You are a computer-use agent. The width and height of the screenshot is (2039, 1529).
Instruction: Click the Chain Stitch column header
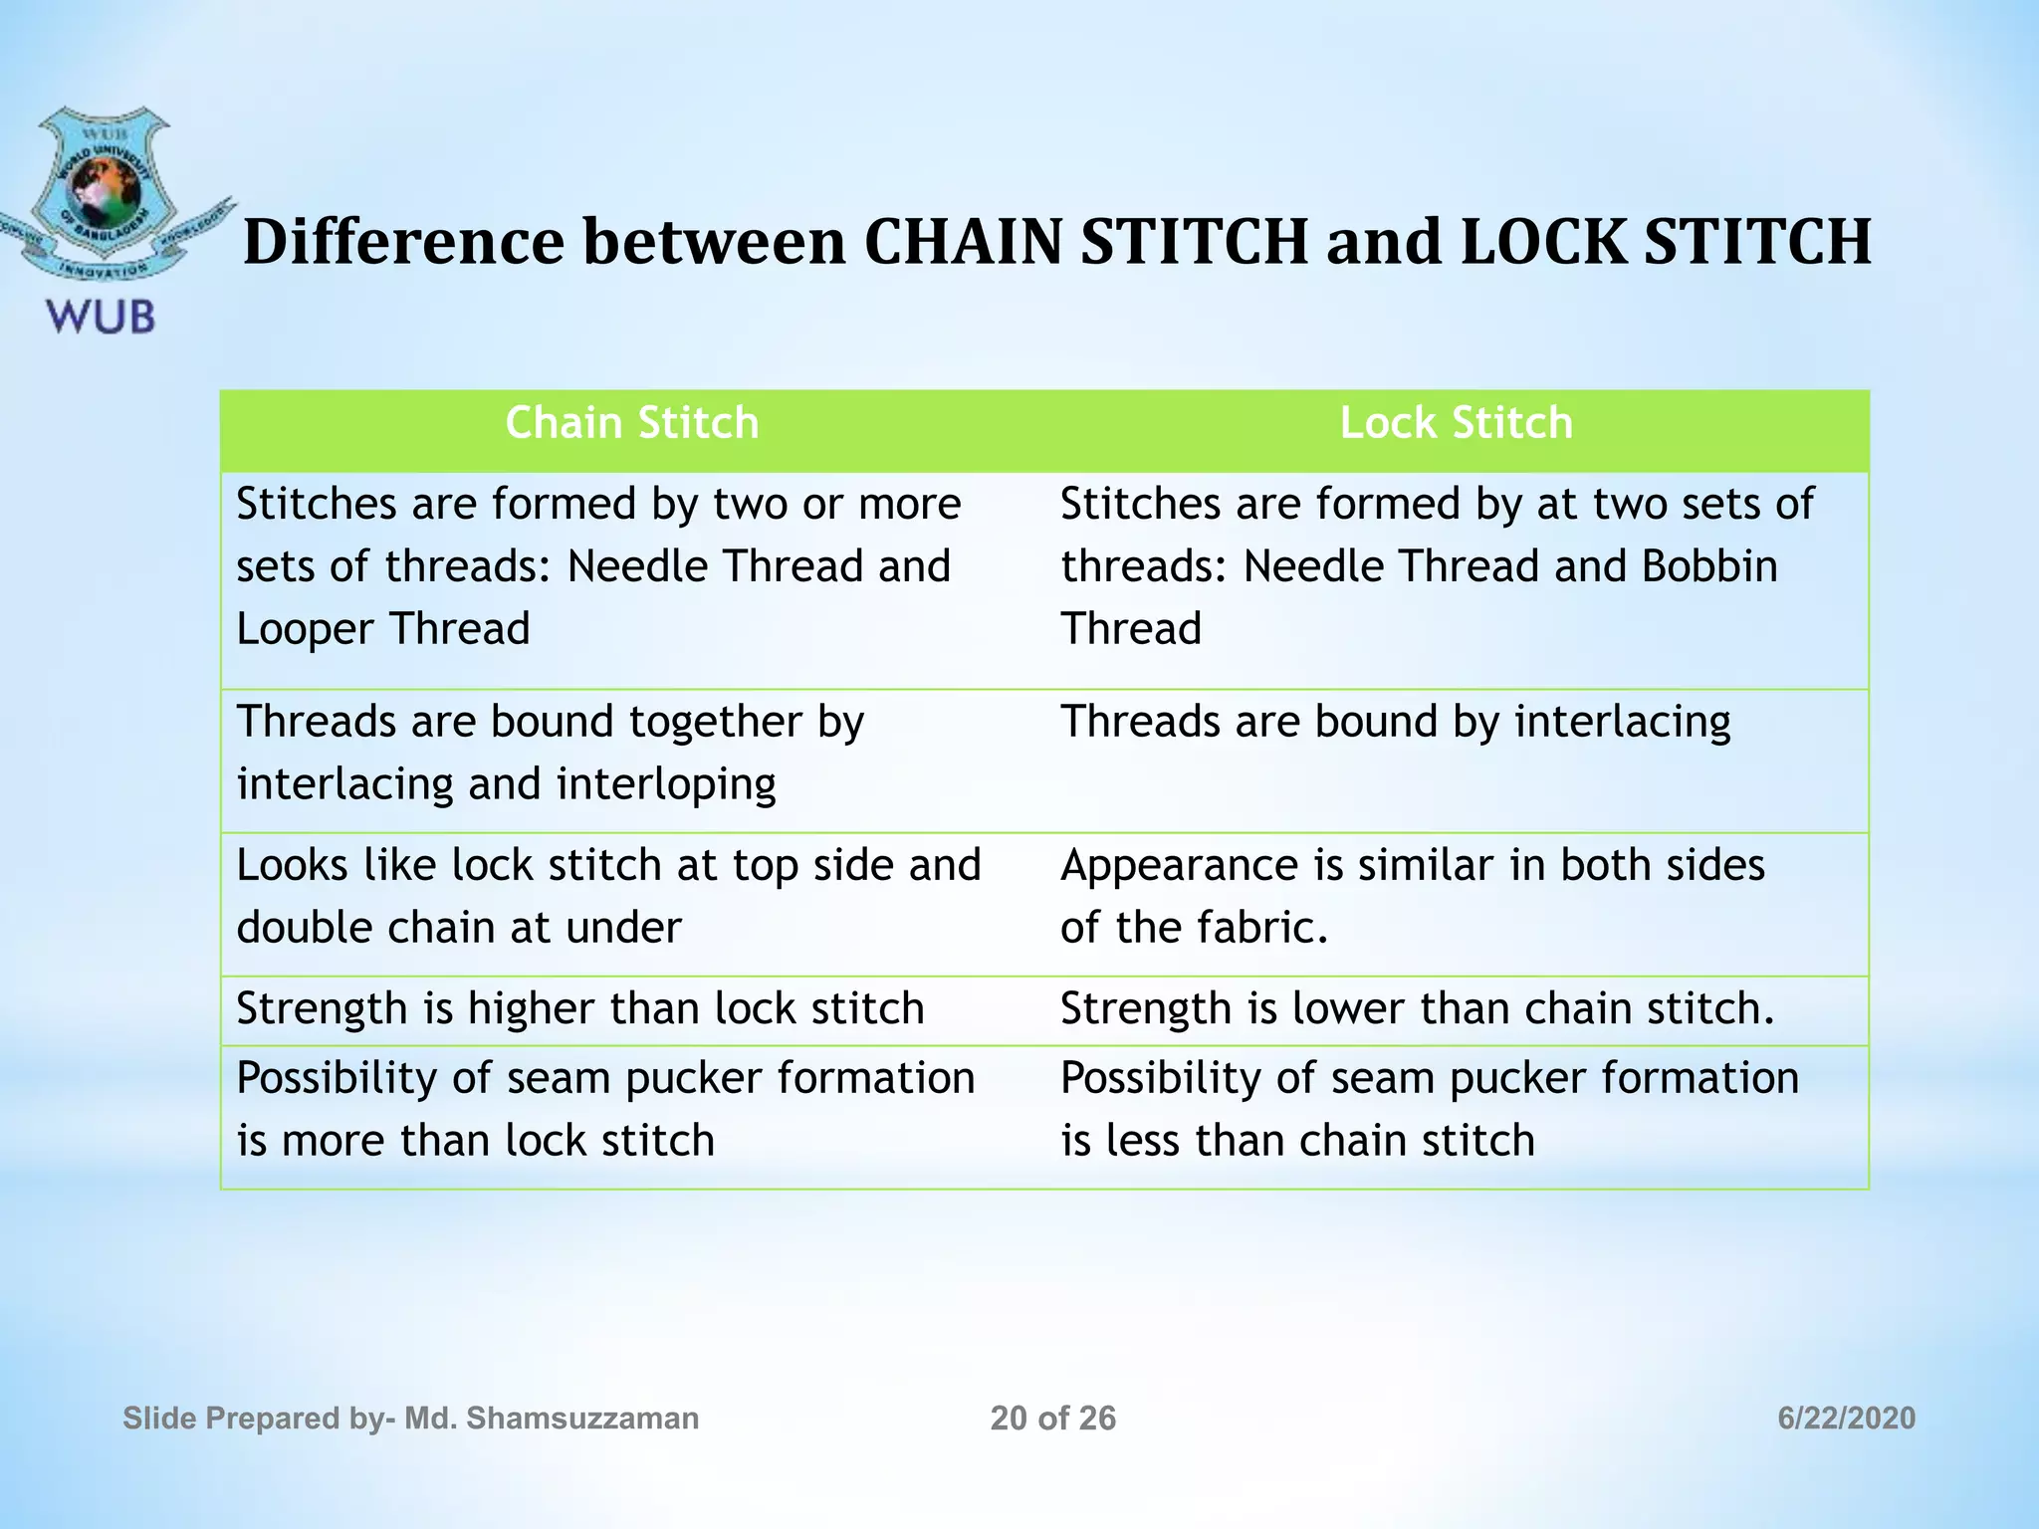click(631, 423)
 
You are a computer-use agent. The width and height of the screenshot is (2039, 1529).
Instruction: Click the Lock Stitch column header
click(1456, 423)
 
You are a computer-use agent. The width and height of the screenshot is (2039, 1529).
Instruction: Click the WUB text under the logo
click(101, 318)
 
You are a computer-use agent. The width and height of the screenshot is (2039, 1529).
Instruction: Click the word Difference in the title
click(404, 242)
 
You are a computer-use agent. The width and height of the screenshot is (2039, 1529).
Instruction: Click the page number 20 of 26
click(1053, 1419)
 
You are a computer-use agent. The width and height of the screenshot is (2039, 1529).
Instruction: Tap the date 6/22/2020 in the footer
click(1846, 1419)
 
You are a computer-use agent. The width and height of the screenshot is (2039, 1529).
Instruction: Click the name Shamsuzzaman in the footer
click(582, 1419)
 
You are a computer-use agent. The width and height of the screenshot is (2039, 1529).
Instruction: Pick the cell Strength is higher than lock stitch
click(580, 1008)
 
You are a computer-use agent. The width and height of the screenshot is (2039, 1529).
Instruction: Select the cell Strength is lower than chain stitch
click(1418, 1008)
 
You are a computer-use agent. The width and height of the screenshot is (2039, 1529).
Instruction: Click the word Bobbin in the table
click(1709, 566)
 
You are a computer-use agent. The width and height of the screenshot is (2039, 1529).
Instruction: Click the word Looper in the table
click(305, 629)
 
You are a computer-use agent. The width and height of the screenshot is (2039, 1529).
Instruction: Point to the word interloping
click(666, 784)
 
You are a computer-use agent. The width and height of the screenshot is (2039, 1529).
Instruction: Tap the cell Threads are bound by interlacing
click(1395, 722)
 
